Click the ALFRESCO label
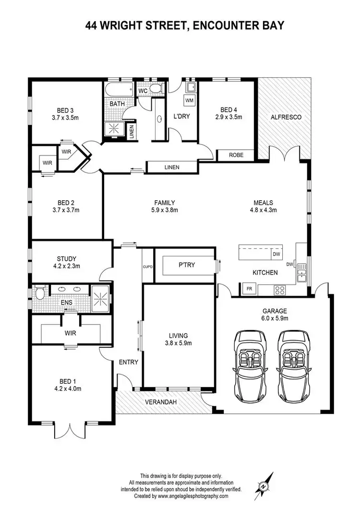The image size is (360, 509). pos(286,117)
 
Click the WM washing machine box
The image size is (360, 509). pos(190,100)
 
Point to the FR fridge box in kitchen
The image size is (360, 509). pos(249,289)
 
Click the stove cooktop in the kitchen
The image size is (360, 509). pos(280,290)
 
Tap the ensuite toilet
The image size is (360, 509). pos(39,292)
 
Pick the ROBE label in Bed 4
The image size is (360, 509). pos(236,155)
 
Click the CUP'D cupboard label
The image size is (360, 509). pos(147,267)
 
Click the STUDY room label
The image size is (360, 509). pos(67,259)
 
